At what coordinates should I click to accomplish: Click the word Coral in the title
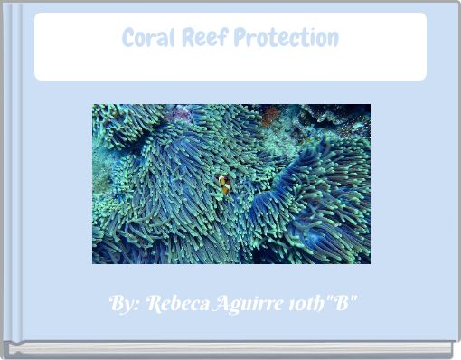pos(147,38)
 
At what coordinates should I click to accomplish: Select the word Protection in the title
pos(286,38)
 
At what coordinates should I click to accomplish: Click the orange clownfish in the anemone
pos(224,185)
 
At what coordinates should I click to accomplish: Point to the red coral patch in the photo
pos(269,115)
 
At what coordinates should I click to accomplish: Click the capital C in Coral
pos(128,38)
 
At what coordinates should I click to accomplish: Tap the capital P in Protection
pos(239,38)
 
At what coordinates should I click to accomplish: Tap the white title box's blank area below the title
pos(230,65)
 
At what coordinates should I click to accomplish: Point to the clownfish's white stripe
pos(222,184)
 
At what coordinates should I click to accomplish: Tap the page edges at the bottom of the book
pos(230,349)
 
